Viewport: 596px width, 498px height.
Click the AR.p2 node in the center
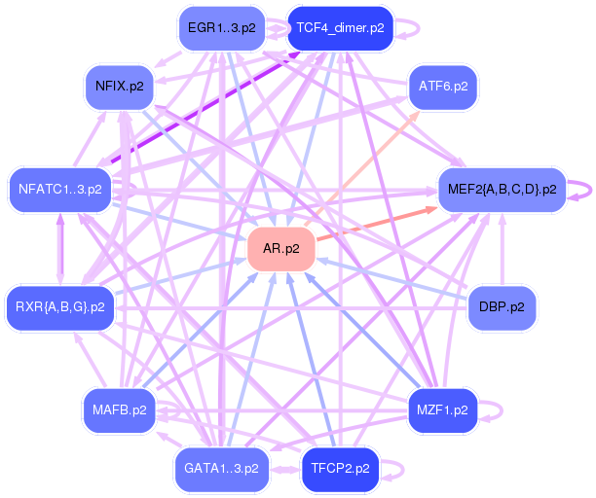[x=281, y=249]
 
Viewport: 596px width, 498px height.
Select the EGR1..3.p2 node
[x=222, y=28]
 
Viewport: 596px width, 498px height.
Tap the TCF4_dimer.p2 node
[x=340, y=28]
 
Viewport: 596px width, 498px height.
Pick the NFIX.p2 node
[x=120, y=87]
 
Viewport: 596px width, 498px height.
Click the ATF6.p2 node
[x=443, y=87]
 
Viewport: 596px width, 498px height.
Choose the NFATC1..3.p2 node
[x=60, y=190]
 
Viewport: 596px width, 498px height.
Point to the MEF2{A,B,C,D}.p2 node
[x=503, y=190]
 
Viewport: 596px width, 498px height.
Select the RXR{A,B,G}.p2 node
[x=60, y=307]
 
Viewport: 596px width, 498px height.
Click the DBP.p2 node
[x=502, y=307]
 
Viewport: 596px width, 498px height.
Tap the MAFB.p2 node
[x=120, y=410]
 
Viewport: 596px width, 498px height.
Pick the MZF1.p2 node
[x=442, y=410]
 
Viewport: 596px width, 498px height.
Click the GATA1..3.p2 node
[x=222, y=469]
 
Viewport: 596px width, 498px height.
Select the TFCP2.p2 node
[x=340, y=469]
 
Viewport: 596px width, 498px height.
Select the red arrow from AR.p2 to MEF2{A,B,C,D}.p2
[x=376, y=224]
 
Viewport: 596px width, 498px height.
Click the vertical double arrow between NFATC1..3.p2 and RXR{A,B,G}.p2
[x=60, y=249]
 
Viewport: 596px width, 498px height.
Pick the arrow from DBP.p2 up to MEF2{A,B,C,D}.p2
[x=503, y=249]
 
